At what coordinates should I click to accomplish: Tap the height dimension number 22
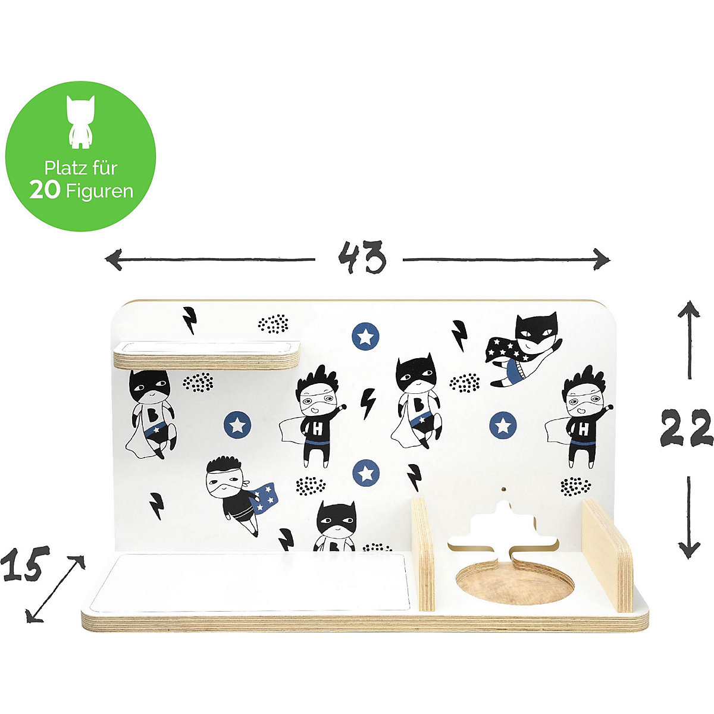tap(687, 428)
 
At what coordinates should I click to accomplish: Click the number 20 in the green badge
tap(45, 190)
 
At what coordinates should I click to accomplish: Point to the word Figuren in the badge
tap(99, 191)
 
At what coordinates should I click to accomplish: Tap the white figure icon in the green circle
tap(80, 122)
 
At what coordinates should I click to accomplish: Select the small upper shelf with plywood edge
tap(206, 355)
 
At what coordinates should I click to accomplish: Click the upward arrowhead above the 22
tap(688, 309)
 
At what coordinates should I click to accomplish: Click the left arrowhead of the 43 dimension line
tap(113, 259)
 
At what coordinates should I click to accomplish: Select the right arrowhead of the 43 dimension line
tap(602, 259)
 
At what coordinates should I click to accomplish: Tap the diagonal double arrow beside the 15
tap(55, 588)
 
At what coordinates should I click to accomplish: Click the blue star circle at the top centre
tap(365, 336)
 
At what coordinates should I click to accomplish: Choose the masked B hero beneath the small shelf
tap(151, 414)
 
